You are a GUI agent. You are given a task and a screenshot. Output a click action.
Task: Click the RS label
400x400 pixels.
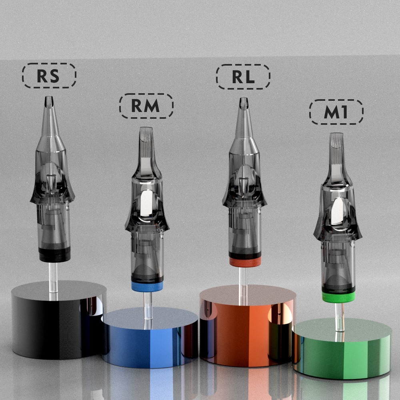coord(49,76)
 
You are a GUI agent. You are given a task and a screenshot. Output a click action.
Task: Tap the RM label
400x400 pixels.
coord(146,106)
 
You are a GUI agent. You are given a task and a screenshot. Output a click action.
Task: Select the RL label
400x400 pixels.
coord(243,76)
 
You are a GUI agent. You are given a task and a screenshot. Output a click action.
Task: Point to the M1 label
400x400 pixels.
coord(336,112)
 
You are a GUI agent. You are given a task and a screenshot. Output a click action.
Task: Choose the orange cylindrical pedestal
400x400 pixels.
coord(248,325)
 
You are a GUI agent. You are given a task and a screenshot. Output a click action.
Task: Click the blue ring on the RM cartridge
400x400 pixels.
coord(147,287)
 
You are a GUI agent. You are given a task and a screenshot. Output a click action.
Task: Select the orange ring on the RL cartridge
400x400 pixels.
coord(245,262)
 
